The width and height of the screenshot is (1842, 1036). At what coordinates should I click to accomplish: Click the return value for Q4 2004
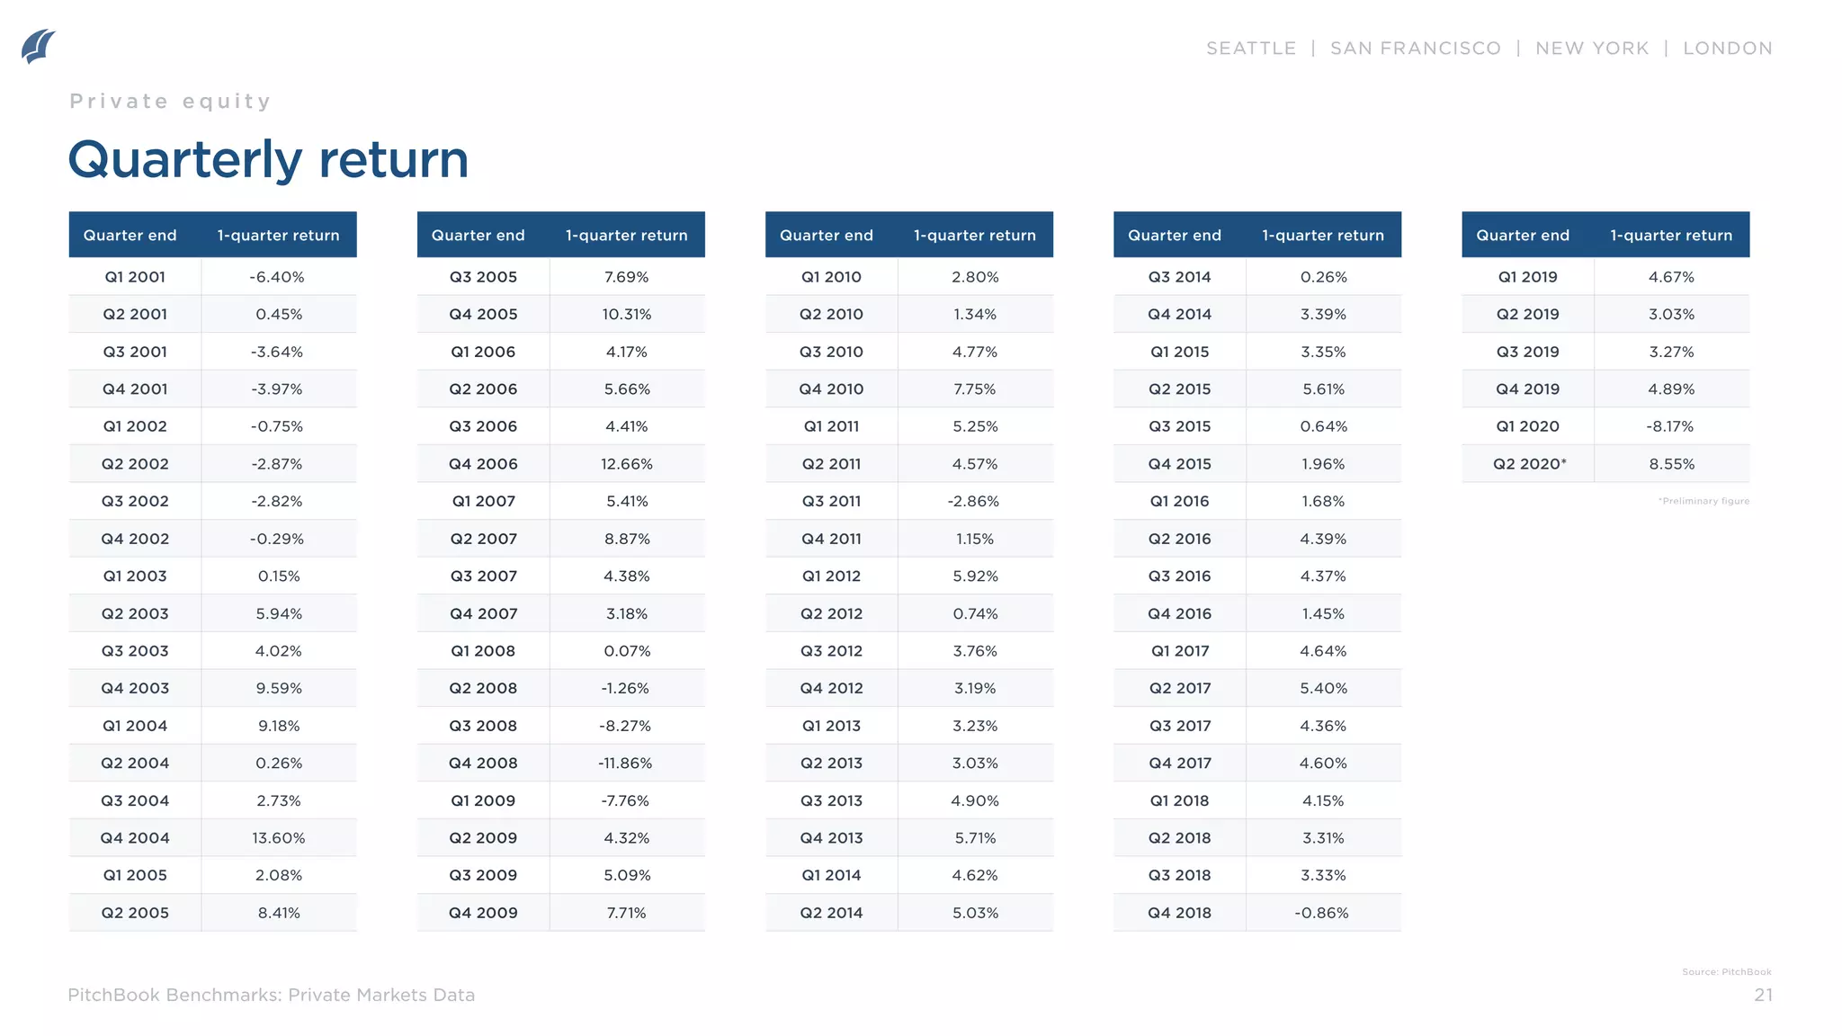click(278, 838)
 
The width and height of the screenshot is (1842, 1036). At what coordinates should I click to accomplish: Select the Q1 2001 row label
click(135, 277)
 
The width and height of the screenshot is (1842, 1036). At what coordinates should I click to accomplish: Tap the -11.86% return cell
click(625, 764)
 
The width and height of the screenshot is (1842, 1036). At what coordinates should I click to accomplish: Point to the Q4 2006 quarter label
click(483, 464)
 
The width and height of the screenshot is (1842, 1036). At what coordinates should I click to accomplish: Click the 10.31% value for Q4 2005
click(627, 315)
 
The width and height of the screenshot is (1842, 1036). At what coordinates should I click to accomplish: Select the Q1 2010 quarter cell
click(831, 277)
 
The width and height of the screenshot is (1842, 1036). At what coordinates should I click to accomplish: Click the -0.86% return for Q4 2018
click(1321, 913)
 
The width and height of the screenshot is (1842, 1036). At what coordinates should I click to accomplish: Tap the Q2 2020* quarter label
click(1529, 464)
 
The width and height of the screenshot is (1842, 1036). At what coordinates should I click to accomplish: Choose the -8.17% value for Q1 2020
click(1670, 426)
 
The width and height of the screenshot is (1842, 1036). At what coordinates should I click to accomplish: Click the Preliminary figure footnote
click(1703, 502)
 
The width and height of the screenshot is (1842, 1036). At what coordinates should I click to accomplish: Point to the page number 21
click(1763, 996)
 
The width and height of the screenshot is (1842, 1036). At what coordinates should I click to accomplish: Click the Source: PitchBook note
click(1726, 972)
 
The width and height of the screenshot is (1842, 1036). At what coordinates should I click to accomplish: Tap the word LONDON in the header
click(1727, 49)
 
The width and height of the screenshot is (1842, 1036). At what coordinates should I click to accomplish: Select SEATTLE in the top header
click(1251, 49)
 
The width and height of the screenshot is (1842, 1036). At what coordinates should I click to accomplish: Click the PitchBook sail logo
click(39, 47)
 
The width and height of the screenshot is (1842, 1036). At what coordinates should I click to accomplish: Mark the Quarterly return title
click(268, 160)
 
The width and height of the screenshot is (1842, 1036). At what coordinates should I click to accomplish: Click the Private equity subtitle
click(170, 102)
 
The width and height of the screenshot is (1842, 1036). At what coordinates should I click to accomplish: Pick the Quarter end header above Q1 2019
click(1522, 236)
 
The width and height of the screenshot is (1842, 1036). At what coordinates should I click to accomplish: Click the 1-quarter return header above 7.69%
click(626, 236)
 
